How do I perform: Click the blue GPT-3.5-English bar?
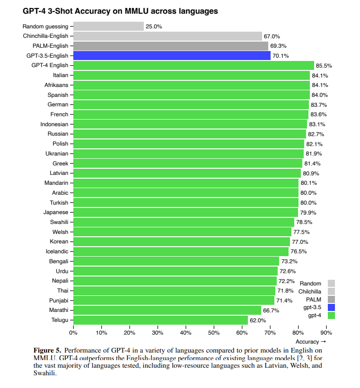click(172, 56)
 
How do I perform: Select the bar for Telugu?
click(160, 320)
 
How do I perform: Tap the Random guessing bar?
click(108, 26)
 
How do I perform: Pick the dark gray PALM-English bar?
click(171, 46)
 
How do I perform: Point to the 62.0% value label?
click(258, 320)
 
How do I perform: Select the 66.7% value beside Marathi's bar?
click(271, 310)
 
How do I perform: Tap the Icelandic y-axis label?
click(57, 251)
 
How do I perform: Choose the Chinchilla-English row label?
click(45, 36)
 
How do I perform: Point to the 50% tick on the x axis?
click(214, 333)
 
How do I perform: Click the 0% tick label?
click(73, 333)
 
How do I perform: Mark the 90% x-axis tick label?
click(326, 333)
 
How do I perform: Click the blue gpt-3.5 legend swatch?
click(331, 307)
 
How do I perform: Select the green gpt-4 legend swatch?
click(331, 315)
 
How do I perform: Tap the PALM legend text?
click(314, 299)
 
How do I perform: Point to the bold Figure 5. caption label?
click(47, 350)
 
